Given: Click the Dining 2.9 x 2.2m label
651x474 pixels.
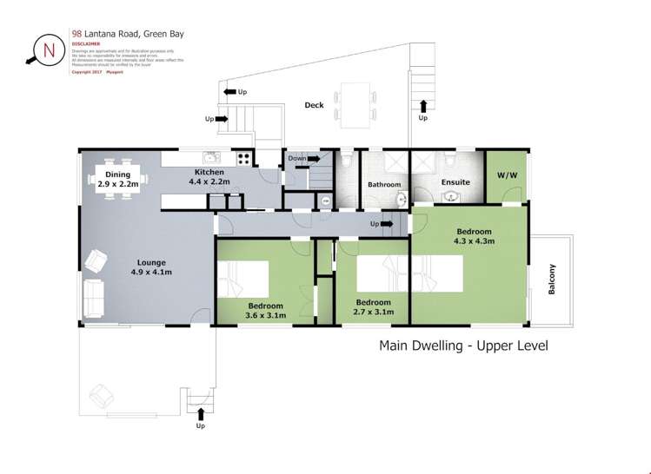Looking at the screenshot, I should [x=117, y=180].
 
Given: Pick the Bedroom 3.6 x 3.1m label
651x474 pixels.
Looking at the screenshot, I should [x=265, y=309].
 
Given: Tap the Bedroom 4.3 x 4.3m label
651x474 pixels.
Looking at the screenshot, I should [x=474, y=237].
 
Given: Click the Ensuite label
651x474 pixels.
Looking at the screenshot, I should [x=455, y=182].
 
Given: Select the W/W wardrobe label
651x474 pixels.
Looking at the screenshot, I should [x=506, y=174].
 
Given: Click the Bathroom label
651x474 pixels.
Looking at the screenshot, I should [x=383, y=185].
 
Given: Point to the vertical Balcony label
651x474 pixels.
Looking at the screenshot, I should [x=552, y=280].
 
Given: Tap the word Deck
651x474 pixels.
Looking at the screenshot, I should [x=314, y=105].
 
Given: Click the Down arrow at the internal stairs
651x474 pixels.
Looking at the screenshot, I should [x=303, y=159].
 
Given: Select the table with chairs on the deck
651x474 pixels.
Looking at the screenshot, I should [x=358, y=101].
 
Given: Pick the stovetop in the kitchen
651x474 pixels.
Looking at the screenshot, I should [x=243, y=159].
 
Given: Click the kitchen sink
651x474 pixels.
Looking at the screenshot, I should [x=210, y=158].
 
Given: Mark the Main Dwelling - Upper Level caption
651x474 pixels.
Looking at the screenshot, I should [x=463, y=346].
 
